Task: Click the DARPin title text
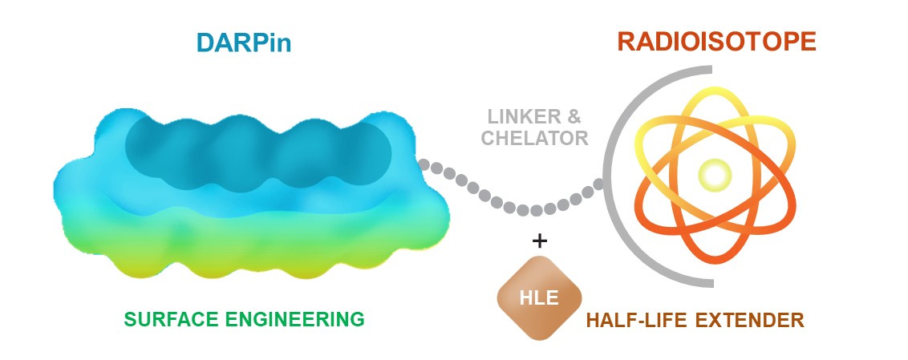coord(241,42)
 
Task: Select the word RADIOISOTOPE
coord(716,41)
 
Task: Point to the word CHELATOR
coord(534,139)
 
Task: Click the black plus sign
coord(540,240)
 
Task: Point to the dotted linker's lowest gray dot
coord(537,211)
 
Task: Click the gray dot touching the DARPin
coord(424,164)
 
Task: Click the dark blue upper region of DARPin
coord(257,148)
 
